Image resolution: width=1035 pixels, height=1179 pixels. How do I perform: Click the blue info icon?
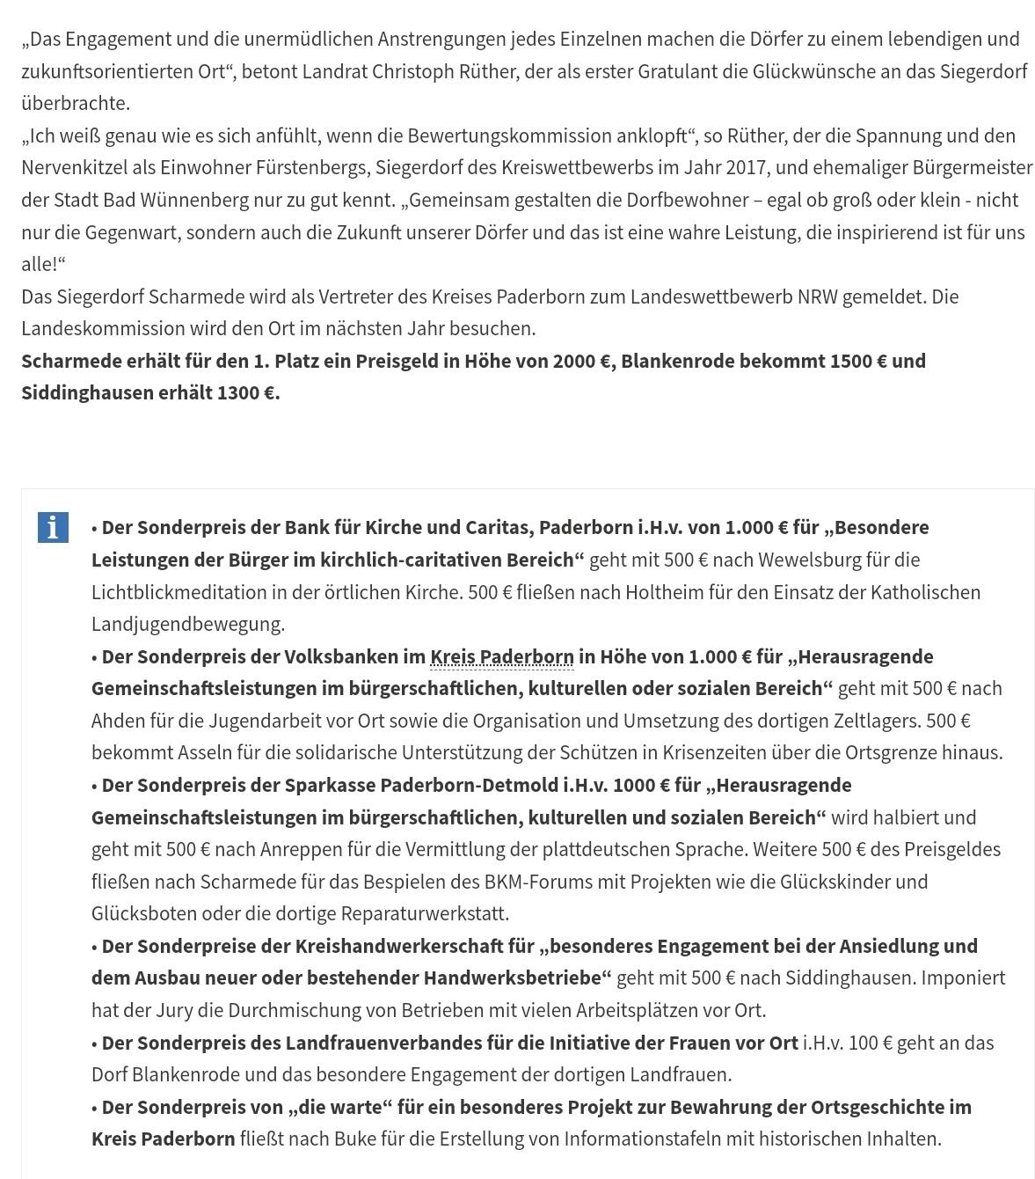pyautogui.click(x=53, y=527)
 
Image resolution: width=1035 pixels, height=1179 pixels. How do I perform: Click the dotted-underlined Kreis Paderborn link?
pyautogui.click(x=501, y=656)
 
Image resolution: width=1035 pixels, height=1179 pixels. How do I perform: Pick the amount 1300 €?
pyautogui.click(x=246, y=392)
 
